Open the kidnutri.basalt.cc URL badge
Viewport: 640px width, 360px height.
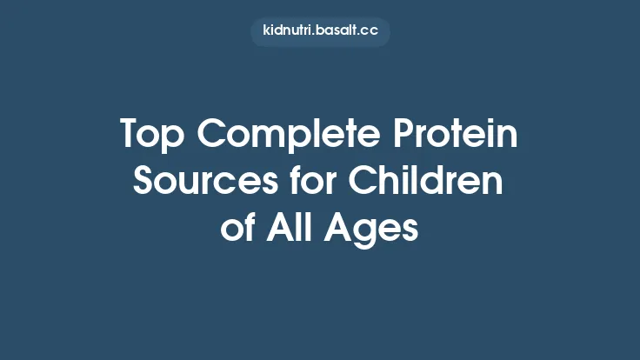320,32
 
